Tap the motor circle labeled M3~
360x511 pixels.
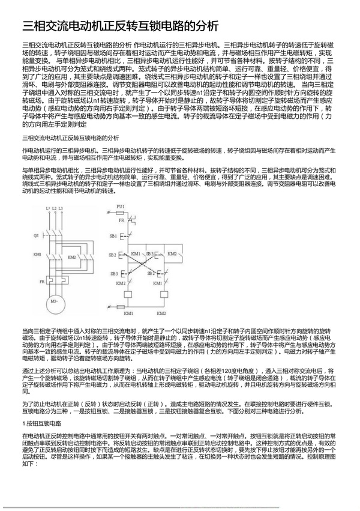(55, 300)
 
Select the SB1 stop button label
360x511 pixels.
(113, 236)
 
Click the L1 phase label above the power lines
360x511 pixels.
(47, 208)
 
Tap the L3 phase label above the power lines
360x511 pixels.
(61, 208)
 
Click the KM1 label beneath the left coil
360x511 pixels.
(128, 313)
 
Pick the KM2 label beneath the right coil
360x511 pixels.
(161, 313)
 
